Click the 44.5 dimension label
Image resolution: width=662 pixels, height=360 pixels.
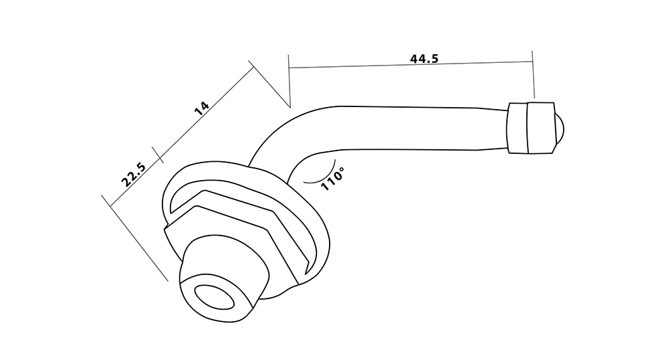tap(425, 58)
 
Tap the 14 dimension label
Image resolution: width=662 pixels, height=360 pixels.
tap(202, 108)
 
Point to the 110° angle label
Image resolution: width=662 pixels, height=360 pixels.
tap(333, 179)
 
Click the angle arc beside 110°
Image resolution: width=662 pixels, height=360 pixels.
tap(322, 176)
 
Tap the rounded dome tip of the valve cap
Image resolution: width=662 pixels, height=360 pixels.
tap(558, 128)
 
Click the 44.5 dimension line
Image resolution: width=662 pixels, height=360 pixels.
tap(411, 65)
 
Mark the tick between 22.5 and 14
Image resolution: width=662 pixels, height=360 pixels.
tap(157, 155)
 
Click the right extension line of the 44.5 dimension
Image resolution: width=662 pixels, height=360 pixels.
tap(533, 74)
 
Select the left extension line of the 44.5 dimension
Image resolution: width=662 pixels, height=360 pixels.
tap(289, 81)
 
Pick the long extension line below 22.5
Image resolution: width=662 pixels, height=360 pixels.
tap(134, 238)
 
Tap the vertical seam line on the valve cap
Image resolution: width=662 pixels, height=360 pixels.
tap(528, 128)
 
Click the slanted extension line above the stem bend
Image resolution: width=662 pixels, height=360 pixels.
tap(269, 84)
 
